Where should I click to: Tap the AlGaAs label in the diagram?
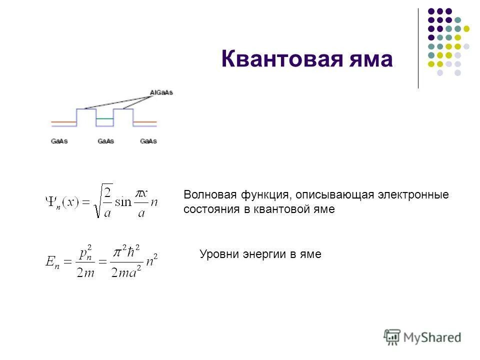(x=161, y=92)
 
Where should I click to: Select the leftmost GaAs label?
(x=59, y=141)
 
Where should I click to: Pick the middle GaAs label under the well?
(x=105, y=141)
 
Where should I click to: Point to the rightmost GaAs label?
(x=148, y=141)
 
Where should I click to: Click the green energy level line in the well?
(x=104, y=118)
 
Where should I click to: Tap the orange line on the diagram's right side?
(x=145, y=121)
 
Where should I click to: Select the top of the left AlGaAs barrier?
(x=85, y=108)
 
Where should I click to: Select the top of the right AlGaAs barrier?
(x=123, y=108)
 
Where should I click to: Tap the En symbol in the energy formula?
(x=52, y=263)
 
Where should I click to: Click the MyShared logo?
(x=422, y=337)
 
